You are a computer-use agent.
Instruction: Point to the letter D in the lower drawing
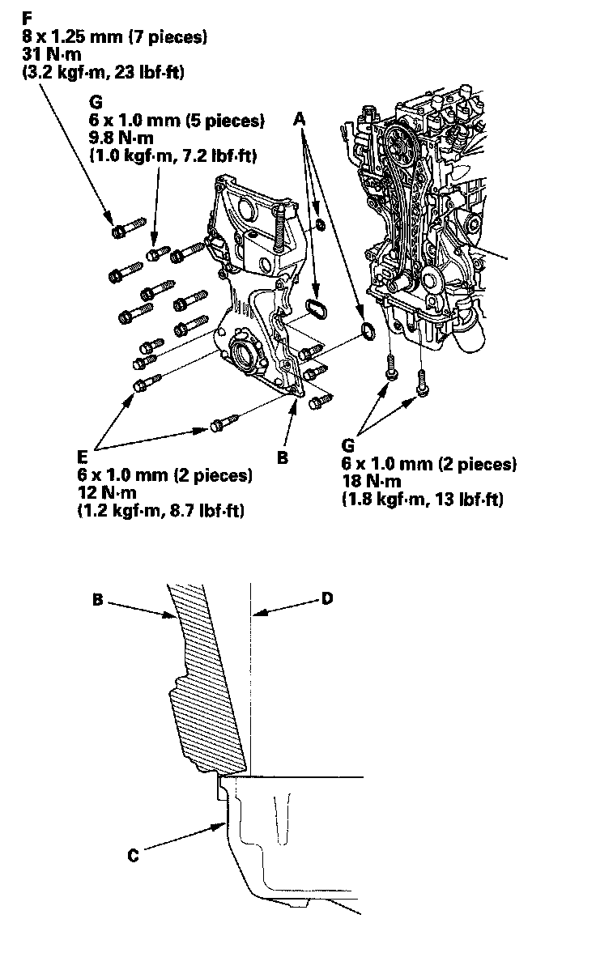click(x=326, y=598)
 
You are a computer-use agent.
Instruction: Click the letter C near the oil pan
click(x=134, y=853)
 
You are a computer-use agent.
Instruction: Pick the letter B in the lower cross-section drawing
click(x=98, y=600)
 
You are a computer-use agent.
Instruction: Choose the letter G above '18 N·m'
click(x=348, y=446)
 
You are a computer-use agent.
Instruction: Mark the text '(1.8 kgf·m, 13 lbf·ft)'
click(x=423, y=500)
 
